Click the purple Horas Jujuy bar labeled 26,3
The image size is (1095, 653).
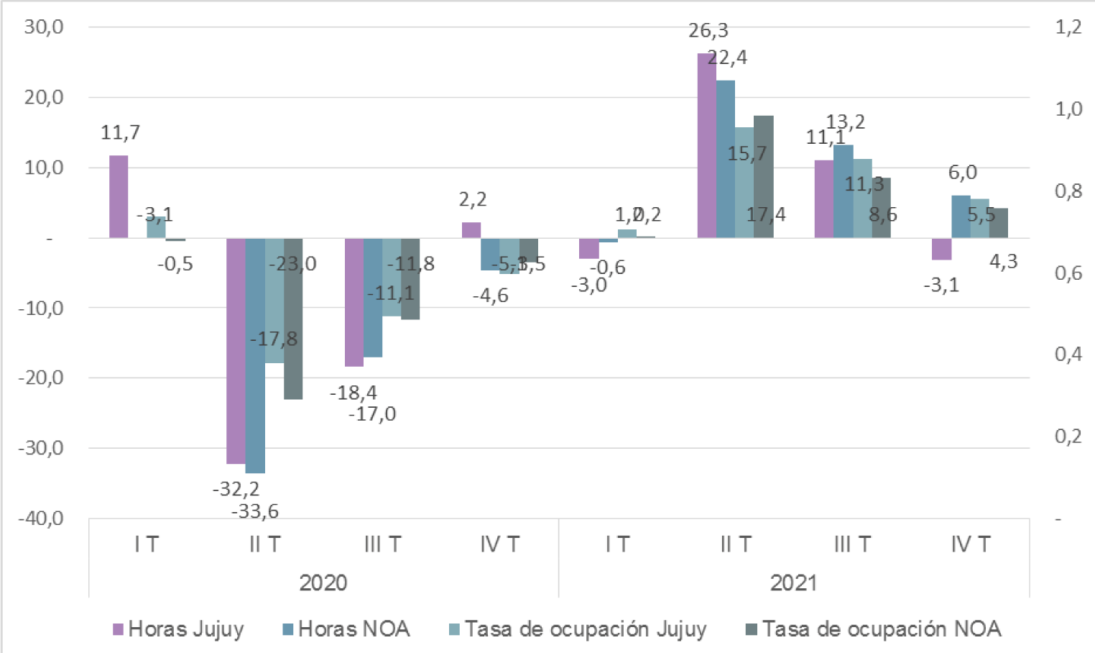(x=706, y=145)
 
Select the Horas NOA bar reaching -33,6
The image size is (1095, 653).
(x=255, y=355)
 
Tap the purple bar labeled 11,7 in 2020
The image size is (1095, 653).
(x=119, y=196)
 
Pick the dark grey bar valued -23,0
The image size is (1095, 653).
(x=293, y=319)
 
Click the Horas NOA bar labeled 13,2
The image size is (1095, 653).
(x=843, y=191)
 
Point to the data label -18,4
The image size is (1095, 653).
(x=353, y=393)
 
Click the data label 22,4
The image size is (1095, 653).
(x=727, y=58)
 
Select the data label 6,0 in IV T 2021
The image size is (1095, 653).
(x=962, y=173)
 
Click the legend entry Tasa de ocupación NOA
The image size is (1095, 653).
(x=873, y=629)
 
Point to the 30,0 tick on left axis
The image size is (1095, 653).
(x=44, y=27)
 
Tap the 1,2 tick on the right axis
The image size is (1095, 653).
(x=1068, y=27)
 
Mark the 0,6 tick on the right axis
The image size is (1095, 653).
(x=1068, y=273)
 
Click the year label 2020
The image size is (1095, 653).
(x=323, y=583)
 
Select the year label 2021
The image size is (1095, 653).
(x=793, y=583)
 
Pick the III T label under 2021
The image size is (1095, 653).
(x=852, y=544)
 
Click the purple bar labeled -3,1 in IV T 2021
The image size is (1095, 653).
(x=941, y=249)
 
